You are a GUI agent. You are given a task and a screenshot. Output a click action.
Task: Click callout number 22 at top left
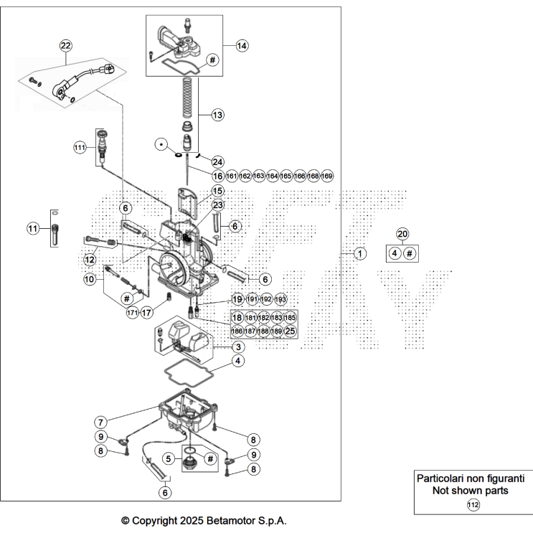[x=66, y=45]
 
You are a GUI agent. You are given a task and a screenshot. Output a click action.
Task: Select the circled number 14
[x=242, y=45]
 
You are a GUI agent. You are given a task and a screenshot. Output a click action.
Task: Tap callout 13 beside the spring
[x=217, y=114]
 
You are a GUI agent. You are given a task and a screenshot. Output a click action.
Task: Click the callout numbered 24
[x=217, y=161]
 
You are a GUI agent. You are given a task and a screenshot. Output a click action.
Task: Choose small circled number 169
[x=326, y=176]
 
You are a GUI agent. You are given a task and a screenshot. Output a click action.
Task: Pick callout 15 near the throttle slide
[x=217, y=191]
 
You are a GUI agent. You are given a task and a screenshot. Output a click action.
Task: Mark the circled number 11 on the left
[x=32, y=228]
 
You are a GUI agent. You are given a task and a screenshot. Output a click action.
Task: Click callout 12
[x=90, y=259]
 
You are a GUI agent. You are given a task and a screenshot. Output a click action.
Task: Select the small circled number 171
[x=132, y=313]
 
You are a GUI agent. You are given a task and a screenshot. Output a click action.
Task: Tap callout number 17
[x=146, y=313]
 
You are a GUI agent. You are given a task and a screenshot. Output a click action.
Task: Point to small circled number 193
[x=280, y=298]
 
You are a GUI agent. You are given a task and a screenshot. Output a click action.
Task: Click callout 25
[x=290, y=331]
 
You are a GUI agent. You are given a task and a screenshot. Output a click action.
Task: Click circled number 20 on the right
[x=402, y=235]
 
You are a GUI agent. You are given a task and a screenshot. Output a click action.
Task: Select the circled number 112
[x=473, y=505]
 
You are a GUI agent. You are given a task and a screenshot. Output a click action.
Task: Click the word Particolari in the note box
[x=445, y=478]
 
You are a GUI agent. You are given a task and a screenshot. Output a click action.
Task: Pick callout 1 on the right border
[x=360, y=253]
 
